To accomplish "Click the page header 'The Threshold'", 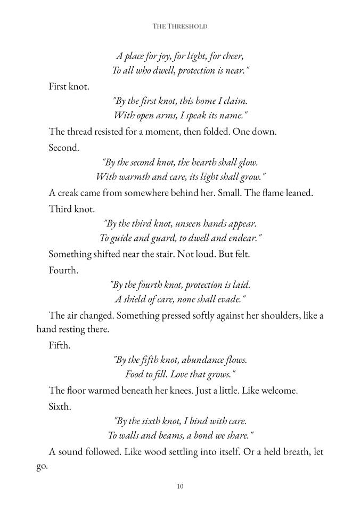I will coord(179,26).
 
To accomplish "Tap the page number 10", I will coord(179,486).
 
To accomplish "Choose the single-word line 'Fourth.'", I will coord(63,270).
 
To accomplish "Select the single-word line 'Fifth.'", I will coord(59,345).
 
